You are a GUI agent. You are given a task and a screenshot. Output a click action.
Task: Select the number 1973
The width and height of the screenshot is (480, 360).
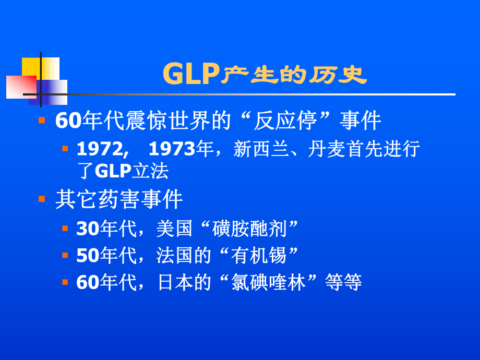click(x=172, y=149)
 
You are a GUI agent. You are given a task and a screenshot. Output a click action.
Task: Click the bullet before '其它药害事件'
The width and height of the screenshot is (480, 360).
click(x=42, y=199)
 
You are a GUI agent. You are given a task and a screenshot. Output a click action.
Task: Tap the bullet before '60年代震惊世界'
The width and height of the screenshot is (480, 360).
click(x=42, y=121)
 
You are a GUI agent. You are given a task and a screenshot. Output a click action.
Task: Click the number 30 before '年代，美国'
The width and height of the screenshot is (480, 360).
click(x=88, y=229)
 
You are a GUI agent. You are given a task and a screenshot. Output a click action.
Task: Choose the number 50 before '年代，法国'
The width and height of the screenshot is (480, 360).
click(x=88, y=256)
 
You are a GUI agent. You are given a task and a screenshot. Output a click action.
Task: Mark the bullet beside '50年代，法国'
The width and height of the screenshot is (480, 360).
click(x=65, y=255)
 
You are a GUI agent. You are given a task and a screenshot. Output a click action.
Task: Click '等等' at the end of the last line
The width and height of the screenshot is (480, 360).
click(x=343, y=283)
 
